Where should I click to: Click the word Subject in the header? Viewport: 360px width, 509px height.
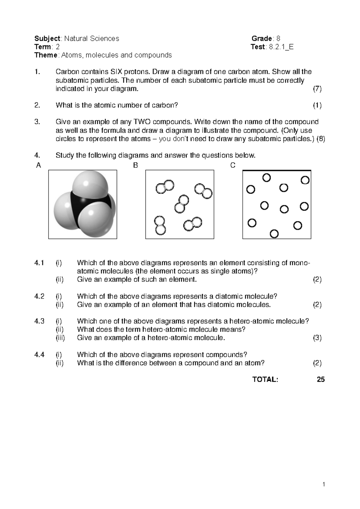[47, 38]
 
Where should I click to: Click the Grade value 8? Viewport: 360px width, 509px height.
[278, 38]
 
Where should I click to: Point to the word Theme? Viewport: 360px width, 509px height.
[46, 55]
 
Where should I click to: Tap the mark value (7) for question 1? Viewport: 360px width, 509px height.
[317, 89]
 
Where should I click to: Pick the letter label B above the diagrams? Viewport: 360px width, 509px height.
[136, 165]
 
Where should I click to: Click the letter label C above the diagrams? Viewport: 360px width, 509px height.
[233, 165]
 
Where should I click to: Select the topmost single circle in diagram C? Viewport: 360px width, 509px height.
[266, 178]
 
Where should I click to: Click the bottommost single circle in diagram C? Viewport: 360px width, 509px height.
[274, 233]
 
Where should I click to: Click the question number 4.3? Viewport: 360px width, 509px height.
[39, 321]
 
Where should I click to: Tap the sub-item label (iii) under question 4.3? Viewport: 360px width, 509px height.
[60, 338]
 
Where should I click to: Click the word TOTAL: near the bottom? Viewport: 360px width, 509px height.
[265, 380]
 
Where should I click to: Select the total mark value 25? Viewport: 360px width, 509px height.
[321, 380]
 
